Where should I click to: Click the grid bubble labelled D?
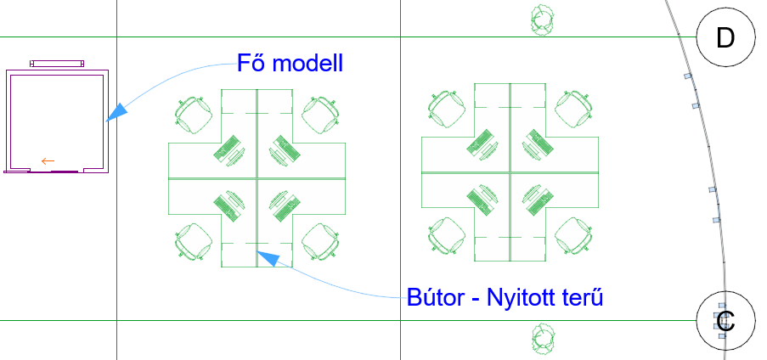pyautogui.click(x=725, y=38)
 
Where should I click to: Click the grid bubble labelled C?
pyautogui.click(x=725, y=321)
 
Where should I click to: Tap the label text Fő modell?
pyautogui.click(x=290, y=62)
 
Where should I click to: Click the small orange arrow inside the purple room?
pyautogui.click(x=48, y=160)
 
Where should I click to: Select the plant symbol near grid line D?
pyautogui.click(x=543, y=20)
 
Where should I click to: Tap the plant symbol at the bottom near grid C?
pyautogui.click(x=544, y=339)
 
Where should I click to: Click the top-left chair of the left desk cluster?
pyautogui.click(x=194, y=114)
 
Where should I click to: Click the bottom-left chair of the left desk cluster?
pyautogui.click(x=194, y=241)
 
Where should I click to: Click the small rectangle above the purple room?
pyautogui.click(x=57, y=63)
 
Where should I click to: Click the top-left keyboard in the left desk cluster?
pyautogui.click(x=227, y=150)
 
